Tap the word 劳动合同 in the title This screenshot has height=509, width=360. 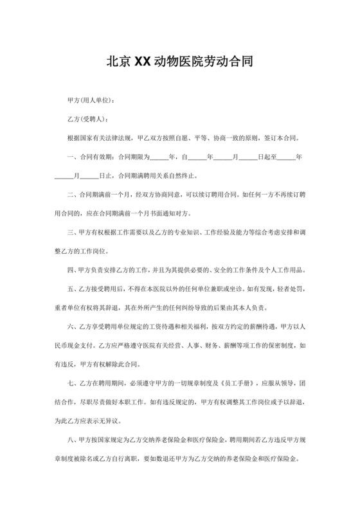(x=228, y=62)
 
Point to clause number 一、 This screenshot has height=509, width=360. (x=71, y=156)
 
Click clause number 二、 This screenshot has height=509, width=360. (x=71, y=193)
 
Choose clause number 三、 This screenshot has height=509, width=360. (x=71, y=231)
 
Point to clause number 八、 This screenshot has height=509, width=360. (x=71, y=441)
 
